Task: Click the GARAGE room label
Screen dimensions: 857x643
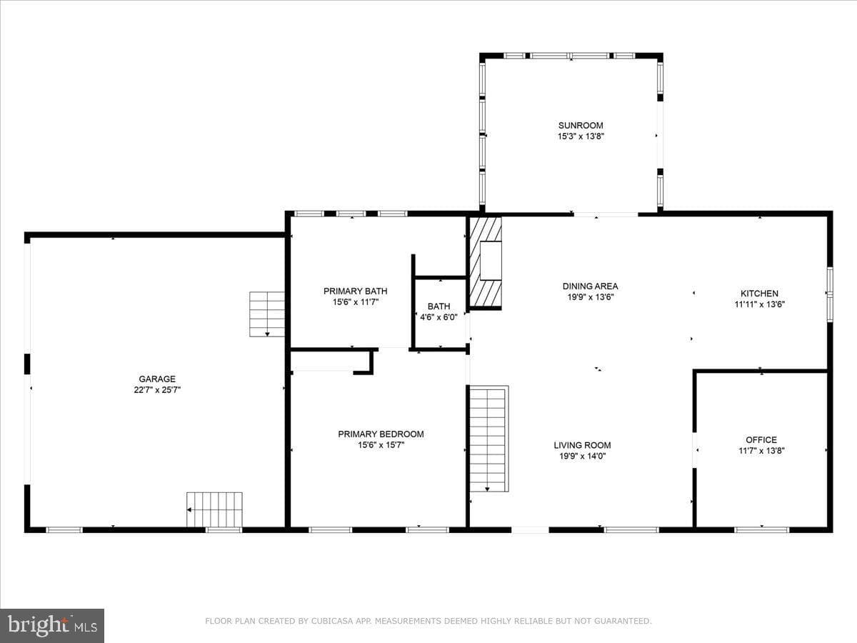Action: (157, 379)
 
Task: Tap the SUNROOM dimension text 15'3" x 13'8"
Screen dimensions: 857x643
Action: (581, 136)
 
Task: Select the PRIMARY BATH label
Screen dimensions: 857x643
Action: (355, 291)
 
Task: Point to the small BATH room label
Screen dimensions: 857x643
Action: (438, 306)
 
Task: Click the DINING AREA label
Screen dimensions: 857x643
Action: (590, 286)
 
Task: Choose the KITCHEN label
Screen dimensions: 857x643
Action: (759, 293)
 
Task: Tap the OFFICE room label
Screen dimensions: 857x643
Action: (761, 439)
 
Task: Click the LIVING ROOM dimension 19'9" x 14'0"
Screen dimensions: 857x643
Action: (582, 456)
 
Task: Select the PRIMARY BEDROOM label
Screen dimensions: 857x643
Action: (381, 434)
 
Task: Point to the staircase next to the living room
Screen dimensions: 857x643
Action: (488, 439)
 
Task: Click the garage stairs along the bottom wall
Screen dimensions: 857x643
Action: (214, 509)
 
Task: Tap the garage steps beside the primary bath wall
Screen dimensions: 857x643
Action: (267, 314)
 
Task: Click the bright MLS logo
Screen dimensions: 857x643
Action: (52, 626)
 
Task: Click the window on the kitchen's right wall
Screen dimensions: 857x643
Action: (830, 294)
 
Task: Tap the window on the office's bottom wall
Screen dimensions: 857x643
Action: (761, 530)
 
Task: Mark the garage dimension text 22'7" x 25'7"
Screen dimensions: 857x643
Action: (157, 389)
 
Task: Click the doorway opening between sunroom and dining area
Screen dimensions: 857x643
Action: (605, 214)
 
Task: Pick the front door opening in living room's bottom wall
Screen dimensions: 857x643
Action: (530, 530)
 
